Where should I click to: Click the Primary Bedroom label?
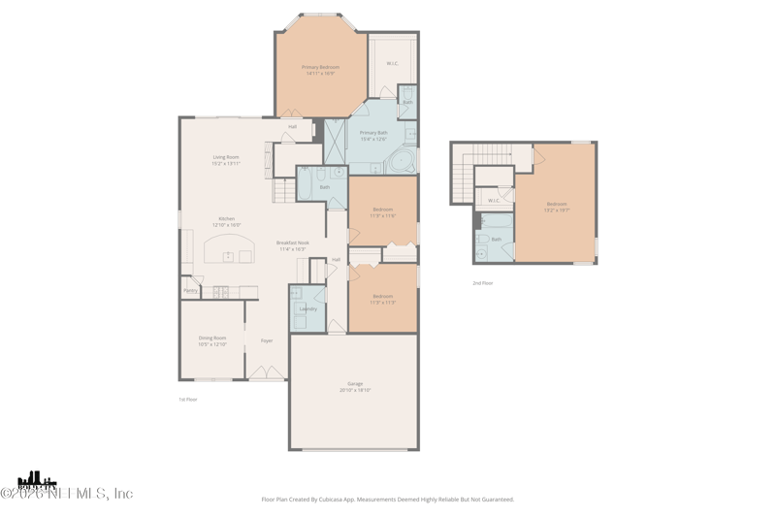point(320,70)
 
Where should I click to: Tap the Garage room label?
point(355,387)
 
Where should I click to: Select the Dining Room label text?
point(212,340)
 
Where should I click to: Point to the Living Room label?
point(226,160)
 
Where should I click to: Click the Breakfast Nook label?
point(292,245)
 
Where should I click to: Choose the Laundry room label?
point(307,308)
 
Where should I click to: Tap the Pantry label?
point(190,290)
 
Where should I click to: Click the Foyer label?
point(267,340)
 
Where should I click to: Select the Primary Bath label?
point(373,135)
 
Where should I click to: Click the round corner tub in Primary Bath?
point(402,160)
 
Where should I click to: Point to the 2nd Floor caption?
point(482,283)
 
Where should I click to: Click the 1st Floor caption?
point(188,399)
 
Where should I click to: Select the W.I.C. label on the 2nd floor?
point(494,201)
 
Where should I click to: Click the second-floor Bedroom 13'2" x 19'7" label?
point(556,206)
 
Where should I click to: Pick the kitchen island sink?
point(229,256)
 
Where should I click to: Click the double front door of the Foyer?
point(266,372)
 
